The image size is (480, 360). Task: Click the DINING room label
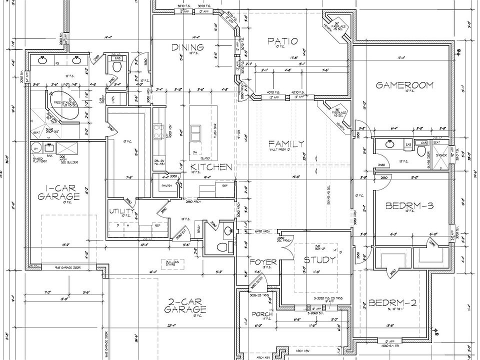(187, 47)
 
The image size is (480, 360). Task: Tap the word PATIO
(282, 41)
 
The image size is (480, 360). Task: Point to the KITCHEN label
(210, 167)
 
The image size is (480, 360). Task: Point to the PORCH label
(261, 314)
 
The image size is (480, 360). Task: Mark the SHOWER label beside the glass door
(440, 155)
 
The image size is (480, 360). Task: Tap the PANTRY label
(166, 185)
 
